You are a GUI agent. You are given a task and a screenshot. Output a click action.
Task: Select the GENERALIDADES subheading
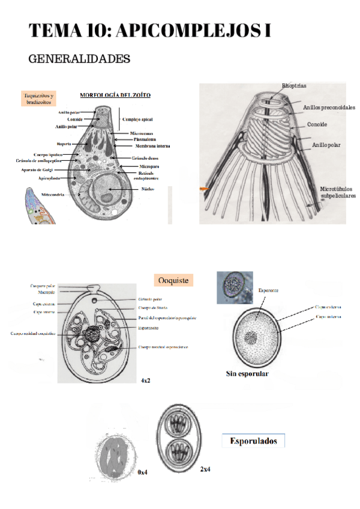(79, 60)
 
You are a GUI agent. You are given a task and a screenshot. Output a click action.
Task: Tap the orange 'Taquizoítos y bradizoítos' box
(39, 99)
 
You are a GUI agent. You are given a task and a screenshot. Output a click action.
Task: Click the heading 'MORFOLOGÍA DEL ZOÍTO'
(115, 95)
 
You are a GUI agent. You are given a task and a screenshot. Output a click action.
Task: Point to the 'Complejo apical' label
(137, 119)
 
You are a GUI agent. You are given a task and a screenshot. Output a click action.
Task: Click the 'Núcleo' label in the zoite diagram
(148, 188)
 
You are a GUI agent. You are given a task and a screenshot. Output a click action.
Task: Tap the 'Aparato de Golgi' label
(37, 170)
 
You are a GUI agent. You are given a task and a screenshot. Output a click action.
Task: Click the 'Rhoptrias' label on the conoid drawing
(294, 86)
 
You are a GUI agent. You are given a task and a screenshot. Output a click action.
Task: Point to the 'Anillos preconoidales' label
(329, 108)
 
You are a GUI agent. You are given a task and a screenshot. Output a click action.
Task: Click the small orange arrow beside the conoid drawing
(205, 189)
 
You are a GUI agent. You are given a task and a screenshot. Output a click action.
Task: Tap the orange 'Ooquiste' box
(173, 280)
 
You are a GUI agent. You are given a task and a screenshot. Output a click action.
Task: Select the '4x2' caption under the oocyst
(146, 381)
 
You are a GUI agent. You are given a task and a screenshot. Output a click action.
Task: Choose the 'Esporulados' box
(253, 441)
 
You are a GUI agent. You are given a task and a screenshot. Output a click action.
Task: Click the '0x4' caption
(142, 472)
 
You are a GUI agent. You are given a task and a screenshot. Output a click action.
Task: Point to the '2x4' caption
(205, 469)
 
